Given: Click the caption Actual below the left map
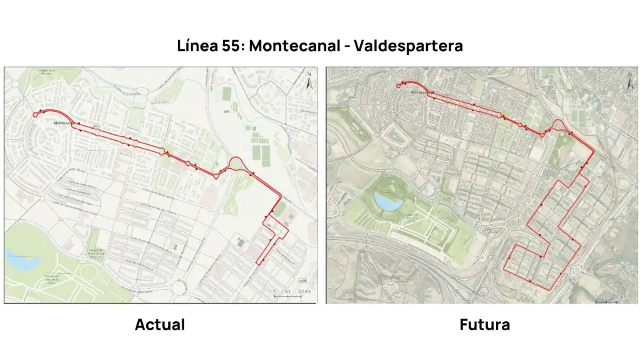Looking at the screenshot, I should [160, 324].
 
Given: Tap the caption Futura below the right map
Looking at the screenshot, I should [485, 324].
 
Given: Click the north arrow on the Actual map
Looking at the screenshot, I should [310, 83].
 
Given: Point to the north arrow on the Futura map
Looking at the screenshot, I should [630, 83].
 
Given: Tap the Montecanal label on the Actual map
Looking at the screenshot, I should [65, 123].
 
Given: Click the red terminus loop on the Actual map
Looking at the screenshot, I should [36, 114].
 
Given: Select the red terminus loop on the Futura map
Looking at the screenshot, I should [398, 85].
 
